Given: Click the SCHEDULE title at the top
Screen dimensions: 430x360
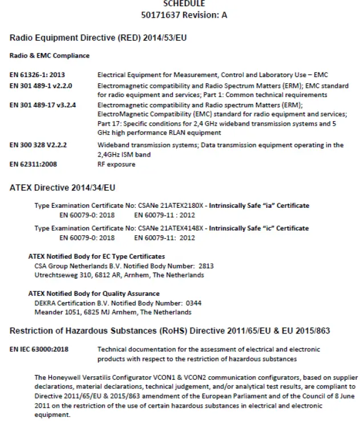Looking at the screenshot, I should (183, 3).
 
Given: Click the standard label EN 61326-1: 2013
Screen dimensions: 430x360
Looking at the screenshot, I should (37, 75).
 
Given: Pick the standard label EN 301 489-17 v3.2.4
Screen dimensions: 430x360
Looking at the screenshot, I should (43, 105).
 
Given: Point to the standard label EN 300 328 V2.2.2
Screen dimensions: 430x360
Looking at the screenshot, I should (38, 145).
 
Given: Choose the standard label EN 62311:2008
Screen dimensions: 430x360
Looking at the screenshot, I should (33, 164).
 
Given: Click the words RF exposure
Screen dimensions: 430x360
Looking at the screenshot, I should (116, 164).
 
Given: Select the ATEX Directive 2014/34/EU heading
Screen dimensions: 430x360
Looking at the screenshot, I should (63, 187).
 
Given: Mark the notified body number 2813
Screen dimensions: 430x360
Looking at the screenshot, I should (206, 266).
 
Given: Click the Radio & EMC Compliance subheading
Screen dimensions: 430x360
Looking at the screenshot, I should (50, 56).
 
